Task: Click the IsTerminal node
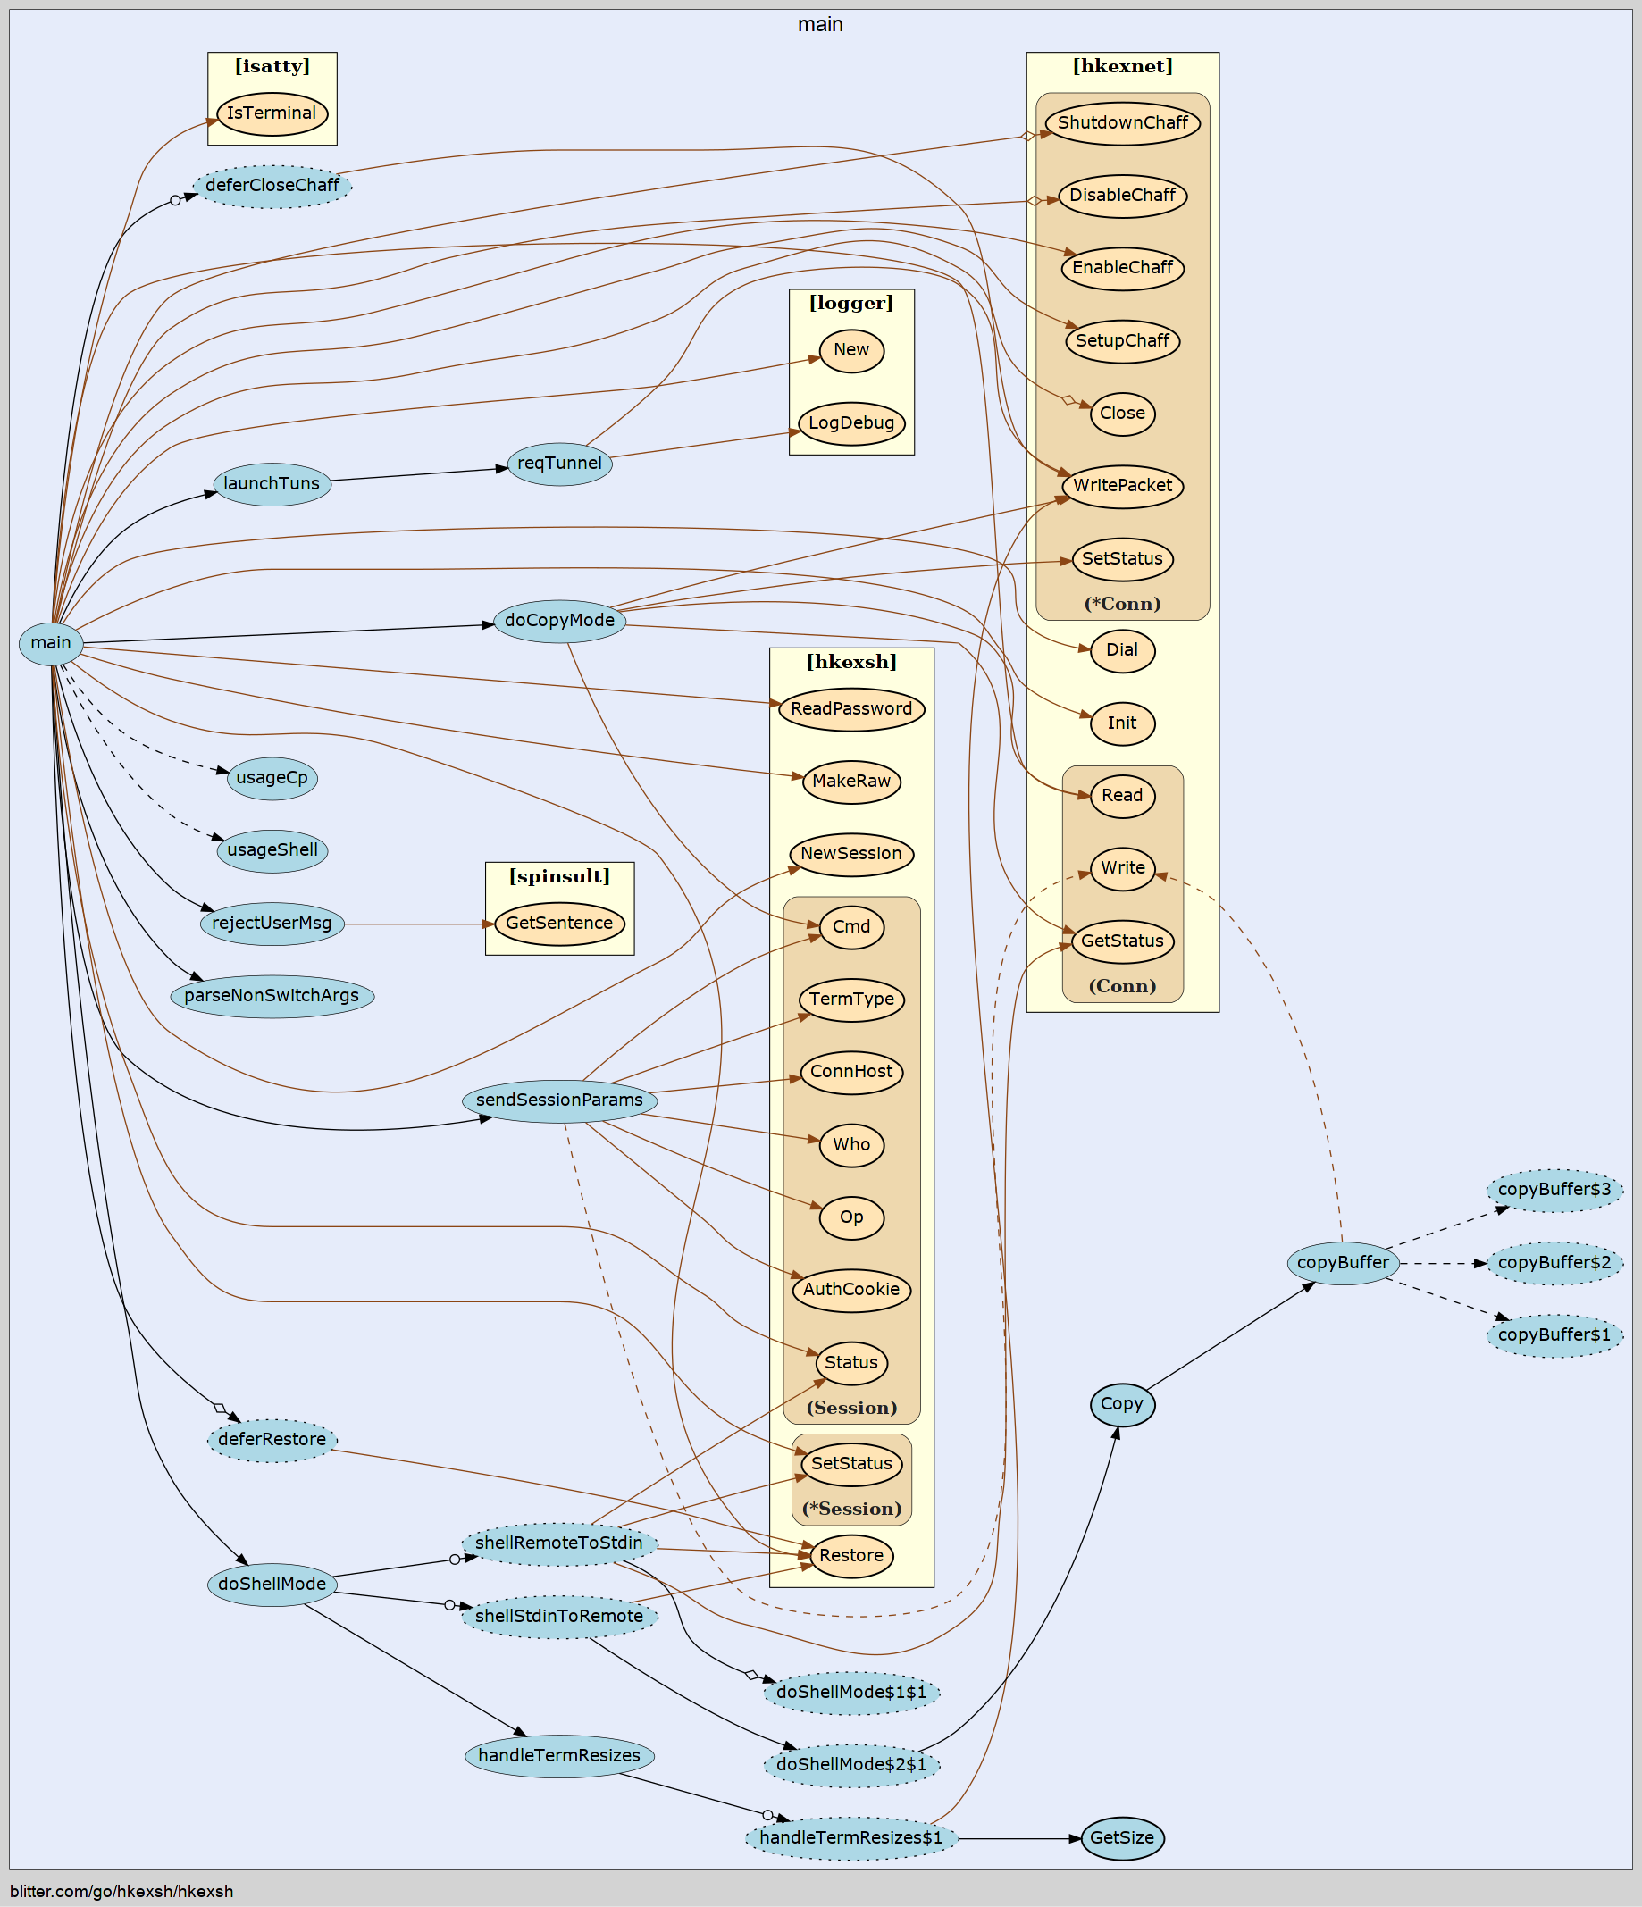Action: (272, 113)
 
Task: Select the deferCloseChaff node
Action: (272, 186)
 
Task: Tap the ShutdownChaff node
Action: (1122, 123)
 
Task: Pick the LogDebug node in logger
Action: (851, 423)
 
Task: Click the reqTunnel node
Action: (559, 464)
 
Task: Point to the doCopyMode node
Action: (559, 620)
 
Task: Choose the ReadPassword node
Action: (851, 708)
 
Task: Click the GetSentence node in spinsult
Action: (559, 923)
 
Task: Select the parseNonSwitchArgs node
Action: (272, 996)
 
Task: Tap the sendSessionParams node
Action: (559, 1100)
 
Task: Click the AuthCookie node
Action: (851, 1290)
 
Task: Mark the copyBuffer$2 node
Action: (1554, 1263)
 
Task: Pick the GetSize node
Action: (1122, 1838)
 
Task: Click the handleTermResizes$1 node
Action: (851, 1838)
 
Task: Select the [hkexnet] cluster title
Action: (1122, 66)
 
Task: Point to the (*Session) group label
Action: (851, 1509)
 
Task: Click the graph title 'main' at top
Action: (820, 25)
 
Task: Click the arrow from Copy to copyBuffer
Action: (1229, 1335)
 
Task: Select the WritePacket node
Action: (1122, 486)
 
